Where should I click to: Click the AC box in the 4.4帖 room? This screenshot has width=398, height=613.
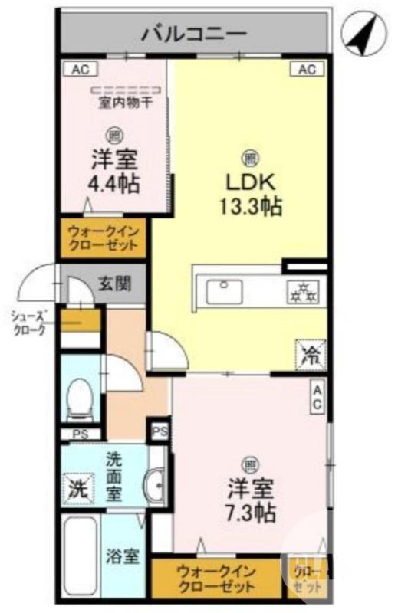coord(81,70)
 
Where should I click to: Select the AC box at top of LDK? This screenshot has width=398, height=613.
coord(306,70)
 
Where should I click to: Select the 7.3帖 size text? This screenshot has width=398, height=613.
coord(251,510)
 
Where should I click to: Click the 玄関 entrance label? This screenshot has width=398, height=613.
coord(115,283)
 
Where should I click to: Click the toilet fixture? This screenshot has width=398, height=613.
coord(77,399)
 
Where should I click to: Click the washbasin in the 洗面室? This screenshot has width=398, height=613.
coord(153,484)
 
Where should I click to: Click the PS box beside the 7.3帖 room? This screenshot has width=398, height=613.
coord(160,431)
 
